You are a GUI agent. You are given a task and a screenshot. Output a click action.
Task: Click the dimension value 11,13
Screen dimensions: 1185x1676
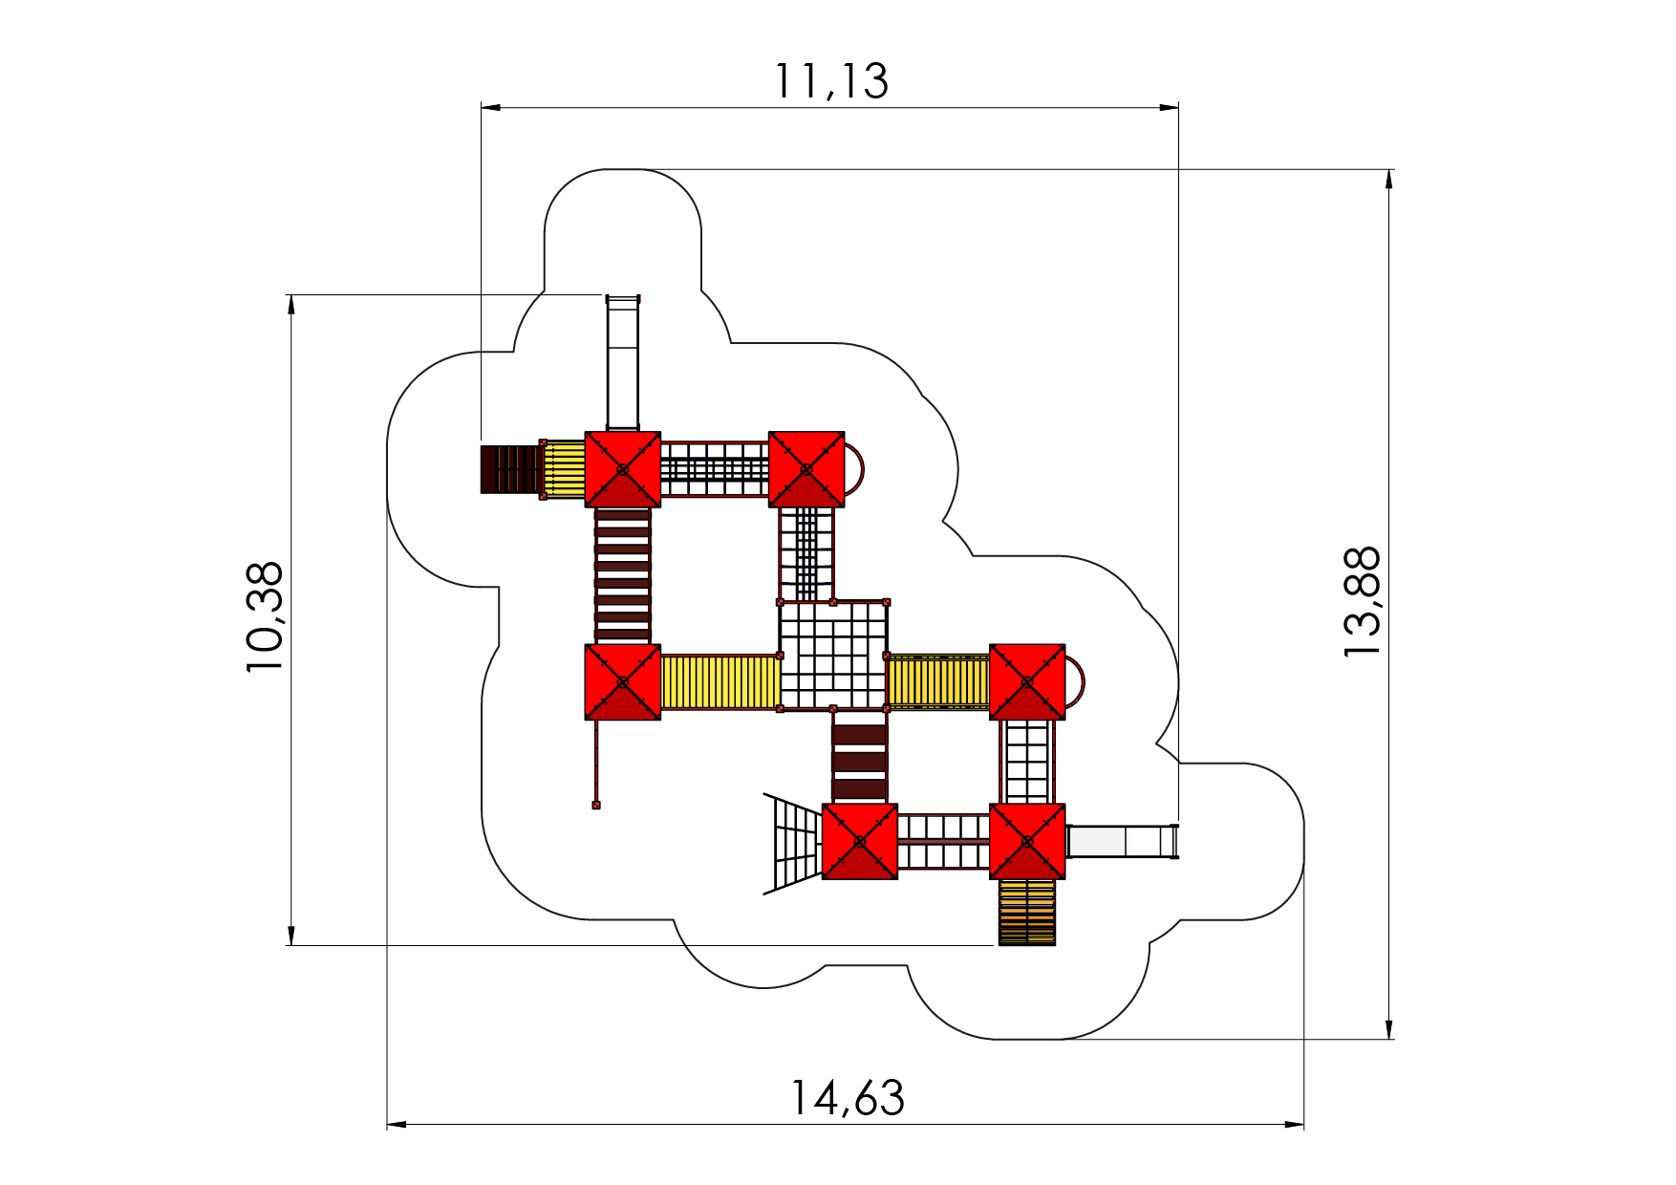click(830, 81)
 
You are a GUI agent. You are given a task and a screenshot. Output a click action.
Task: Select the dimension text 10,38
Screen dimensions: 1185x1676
click(265, 616)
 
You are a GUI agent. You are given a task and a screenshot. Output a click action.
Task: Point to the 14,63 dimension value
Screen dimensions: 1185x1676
click(847, 1098)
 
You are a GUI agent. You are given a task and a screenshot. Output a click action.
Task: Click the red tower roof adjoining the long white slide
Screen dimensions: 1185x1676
click(622, 469)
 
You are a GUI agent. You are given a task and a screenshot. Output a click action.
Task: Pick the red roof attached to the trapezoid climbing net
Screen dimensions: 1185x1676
click(859, 841)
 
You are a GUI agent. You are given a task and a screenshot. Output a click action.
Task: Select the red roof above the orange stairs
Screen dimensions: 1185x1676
click(1027, 841)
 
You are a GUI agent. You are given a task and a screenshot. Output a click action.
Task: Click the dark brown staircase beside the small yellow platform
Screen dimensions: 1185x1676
click(510, 469)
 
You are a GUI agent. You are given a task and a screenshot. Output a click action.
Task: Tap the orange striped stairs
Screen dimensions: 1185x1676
click(1027, 912)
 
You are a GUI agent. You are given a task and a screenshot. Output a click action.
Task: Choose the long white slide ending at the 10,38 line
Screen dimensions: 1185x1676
click(623, 363)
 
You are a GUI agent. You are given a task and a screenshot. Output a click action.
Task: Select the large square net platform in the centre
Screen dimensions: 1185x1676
click(833, 656)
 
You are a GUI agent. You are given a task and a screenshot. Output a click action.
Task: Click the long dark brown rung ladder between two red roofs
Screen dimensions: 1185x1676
click(622, 575)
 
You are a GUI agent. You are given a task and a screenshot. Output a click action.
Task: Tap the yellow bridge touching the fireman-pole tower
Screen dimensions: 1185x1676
click(720, 681)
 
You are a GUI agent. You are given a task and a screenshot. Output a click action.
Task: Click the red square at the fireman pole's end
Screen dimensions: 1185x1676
click(596, 805)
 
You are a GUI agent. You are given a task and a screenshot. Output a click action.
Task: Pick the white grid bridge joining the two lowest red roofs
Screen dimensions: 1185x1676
click(943, 841)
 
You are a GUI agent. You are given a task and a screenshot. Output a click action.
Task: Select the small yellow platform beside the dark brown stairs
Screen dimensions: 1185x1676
click(564, 469)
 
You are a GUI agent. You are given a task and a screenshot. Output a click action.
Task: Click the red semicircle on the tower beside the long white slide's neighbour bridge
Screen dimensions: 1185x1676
click(855, 469)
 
